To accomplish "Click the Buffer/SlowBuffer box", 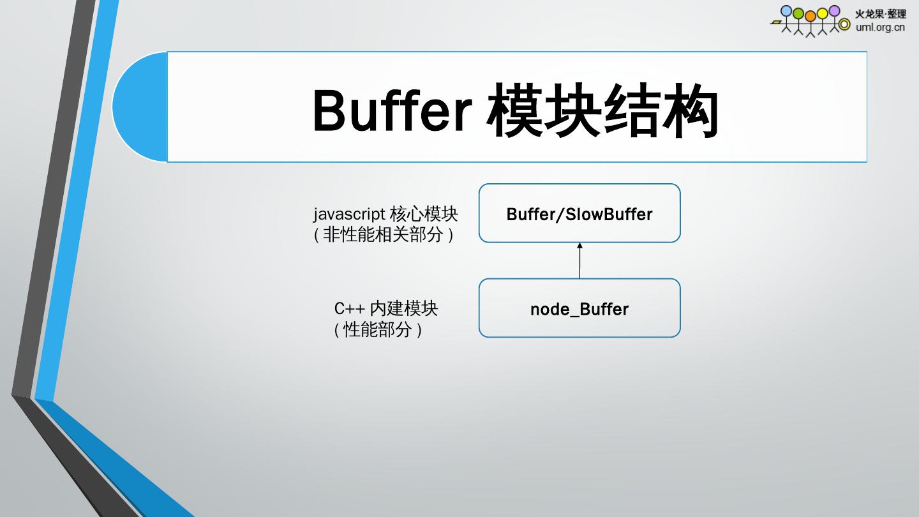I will tap(579, 214).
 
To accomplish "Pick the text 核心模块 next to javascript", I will tap(423, 213).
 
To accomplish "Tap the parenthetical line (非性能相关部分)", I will tap(384, 235).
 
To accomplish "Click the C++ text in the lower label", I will tap(349, 308).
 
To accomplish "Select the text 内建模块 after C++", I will tap(404, 308).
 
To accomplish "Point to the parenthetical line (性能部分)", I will tap(378, 330).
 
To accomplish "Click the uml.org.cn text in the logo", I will tap(880, 27).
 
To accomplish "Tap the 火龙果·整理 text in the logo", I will tap(880, 13).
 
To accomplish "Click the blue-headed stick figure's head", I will tap(786, 11).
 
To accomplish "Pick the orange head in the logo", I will tap(811, 15).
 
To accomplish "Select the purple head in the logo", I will tap(834, 10).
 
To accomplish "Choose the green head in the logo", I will tap(798, 13).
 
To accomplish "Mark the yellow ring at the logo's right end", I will tap(845, 24).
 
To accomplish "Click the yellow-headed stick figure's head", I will tap(822, 13).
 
